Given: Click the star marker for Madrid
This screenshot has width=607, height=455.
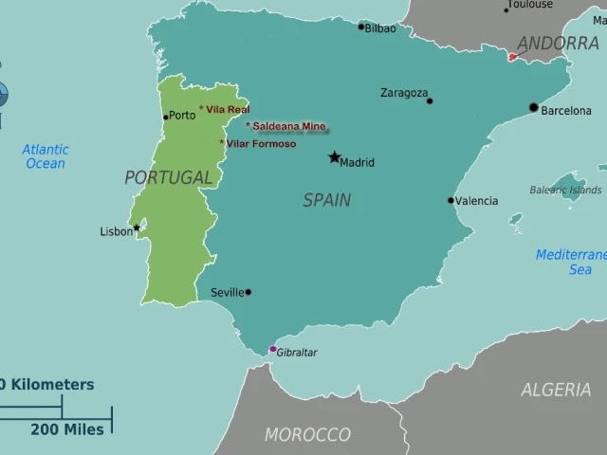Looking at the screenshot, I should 334,157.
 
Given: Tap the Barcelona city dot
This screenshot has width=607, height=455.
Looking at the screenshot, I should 533,107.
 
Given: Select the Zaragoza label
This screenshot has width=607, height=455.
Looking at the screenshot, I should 404,93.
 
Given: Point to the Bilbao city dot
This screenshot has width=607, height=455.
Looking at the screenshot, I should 360,27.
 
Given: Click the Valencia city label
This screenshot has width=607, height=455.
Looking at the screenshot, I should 476,201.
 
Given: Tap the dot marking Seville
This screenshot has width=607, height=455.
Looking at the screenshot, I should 248,292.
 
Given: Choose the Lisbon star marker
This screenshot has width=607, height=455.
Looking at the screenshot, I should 137,227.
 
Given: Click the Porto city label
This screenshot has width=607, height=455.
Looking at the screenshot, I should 182,116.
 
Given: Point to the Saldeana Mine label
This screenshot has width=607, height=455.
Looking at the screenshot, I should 288,126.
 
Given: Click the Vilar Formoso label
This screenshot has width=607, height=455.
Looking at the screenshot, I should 261,144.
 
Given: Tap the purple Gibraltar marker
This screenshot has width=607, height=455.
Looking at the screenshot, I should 273,349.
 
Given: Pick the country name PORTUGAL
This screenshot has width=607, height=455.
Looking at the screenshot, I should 169,177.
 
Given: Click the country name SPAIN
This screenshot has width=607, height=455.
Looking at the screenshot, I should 326,200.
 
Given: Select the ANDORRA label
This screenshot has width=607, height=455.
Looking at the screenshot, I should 558,44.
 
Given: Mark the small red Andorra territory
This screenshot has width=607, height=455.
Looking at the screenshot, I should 513,57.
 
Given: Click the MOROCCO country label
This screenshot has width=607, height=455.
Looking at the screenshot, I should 307,435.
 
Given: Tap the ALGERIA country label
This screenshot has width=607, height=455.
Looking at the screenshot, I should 556,390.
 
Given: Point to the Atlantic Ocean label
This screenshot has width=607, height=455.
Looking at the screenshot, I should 46,156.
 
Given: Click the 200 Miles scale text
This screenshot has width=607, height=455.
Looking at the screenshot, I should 67,429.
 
